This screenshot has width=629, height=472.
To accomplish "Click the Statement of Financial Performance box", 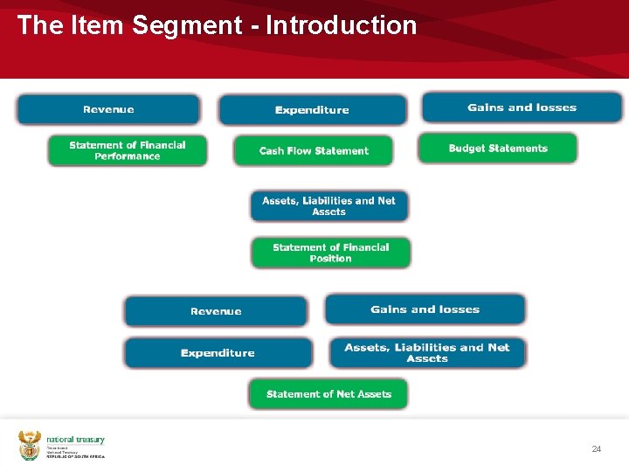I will point(128,150).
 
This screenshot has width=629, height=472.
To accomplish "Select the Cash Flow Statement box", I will point(314,150).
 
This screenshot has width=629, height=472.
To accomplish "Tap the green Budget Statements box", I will point(498,148).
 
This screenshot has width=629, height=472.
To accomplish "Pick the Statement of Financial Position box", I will point(330,253).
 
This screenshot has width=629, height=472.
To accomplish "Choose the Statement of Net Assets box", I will point(328,394).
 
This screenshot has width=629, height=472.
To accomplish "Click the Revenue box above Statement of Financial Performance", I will point(108,109).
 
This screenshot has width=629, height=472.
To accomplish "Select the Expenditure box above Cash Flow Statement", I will point(312,110).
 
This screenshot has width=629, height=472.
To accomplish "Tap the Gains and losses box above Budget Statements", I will point(522,108).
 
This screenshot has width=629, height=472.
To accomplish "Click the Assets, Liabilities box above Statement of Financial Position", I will point(328,206).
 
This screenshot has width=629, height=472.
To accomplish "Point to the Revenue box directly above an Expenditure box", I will point(216,311).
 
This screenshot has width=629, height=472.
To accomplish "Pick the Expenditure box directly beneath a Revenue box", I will point(218,353).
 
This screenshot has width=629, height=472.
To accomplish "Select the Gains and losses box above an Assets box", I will point(425,309).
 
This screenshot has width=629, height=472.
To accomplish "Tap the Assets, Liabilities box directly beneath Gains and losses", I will point(427,353).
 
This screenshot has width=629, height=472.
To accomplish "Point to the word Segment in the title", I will point(183,25).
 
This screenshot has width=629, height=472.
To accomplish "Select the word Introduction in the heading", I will point(341,25).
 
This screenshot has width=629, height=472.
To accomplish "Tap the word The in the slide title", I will point(38,25).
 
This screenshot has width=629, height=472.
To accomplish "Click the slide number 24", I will point(597,448).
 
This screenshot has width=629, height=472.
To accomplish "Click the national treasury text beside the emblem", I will point(75,440).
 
